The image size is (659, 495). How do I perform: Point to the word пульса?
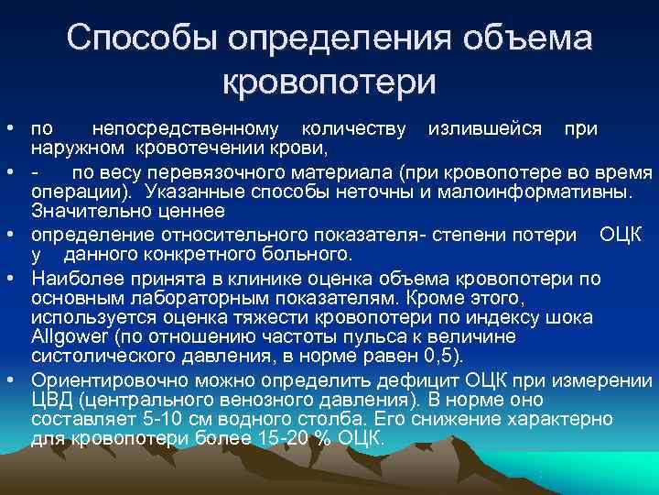point(371,335)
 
